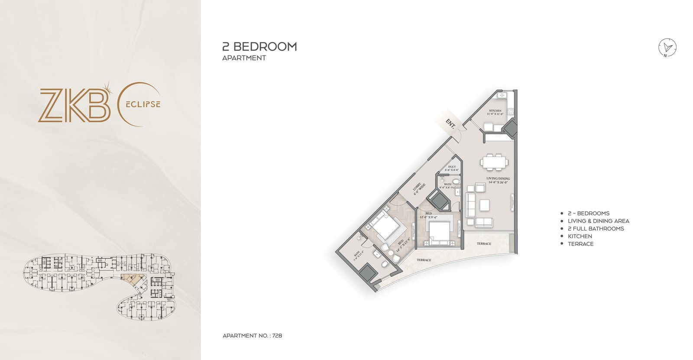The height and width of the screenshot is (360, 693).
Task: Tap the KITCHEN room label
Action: [x=495, y=111]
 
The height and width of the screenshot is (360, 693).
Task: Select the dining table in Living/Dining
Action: [x=494, y=162]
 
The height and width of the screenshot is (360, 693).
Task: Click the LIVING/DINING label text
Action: [x=498, y=178]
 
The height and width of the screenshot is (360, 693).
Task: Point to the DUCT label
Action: [x=452, y=167]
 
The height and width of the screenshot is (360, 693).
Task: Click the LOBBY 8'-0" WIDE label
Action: [x=419, y=189]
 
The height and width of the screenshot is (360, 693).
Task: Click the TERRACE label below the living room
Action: [x=484, y=243]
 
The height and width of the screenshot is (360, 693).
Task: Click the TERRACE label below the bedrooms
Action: [x=424, y=260]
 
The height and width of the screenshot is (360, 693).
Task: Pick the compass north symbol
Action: [x=667, y=48]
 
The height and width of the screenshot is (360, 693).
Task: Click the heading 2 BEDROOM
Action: [x=259, y=47]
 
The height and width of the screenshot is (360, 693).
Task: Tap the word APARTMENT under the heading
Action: [x=244, y=58]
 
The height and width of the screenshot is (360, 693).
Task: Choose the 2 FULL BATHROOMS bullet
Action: [x=596, y=228]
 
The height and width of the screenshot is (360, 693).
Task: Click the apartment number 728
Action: [x=277, y=336]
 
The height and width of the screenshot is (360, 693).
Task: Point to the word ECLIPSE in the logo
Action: [x=143, y=104]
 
